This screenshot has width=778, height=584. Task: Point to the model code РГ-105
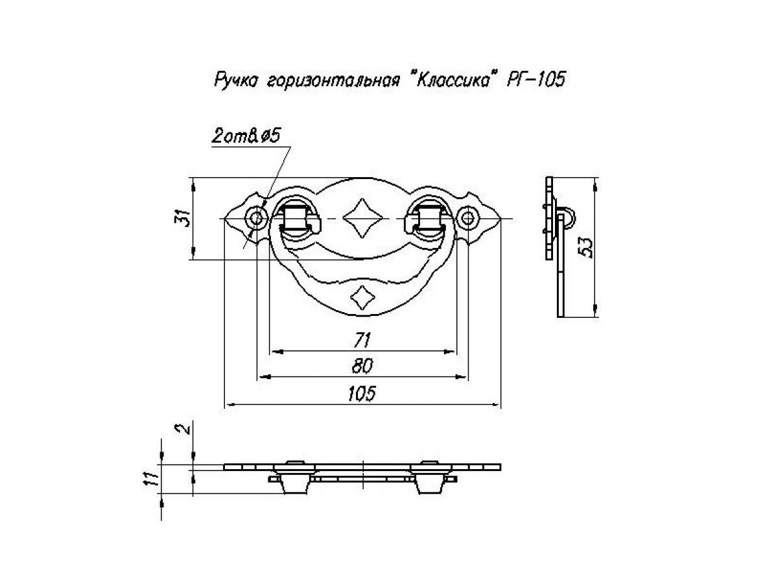(x=536, y=79)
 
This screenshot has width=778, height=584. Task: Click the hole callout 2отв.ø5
(x=246, y=136)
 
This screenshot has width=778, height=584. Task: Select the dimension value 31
(x=183, y=217)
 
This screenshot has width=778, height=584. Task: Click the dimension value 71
(x=362, y=341)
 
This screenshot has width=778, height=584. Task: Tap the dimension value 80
(x=362, y=366)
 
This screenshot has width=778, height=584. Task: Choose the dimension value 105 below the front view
(x=362, y=394)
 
